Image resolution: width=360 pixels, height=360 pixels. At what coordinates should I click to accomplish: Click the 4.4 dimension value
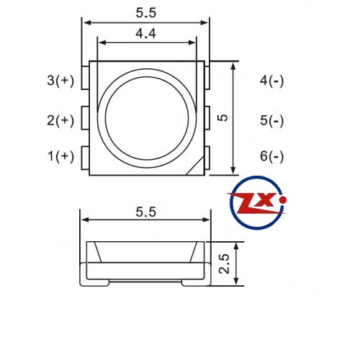pos(145,33)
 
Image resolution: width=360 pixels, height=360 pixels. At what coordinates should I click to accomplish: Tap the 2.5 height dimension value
pos(224,264)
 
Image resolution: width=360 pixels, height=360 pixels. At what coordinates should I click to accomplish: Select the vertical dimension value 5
pos(223,117)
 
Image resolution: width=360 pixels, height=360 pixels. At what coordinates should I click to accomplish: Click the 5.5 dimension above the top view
pos(146,13)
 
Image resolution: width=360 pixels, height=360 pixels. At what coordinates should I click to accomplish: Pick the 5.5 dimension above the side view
pos(146,212)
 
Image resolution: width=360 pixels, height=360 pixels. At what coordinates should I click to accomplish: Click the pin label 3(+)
pos(60,81)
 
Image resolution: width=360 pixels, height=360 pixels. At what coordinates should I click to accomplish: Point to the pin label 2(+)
pos(60,120)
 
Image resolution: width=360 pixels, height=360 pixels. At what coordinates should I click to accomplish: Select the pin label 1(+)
pos(61,156)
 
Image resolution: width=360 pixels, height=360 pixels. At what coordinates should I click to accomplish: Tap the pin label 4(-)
pos(272,81)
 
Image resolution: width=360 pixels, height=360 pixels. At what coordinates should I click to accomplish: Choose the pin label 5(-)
pos(272,120)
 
